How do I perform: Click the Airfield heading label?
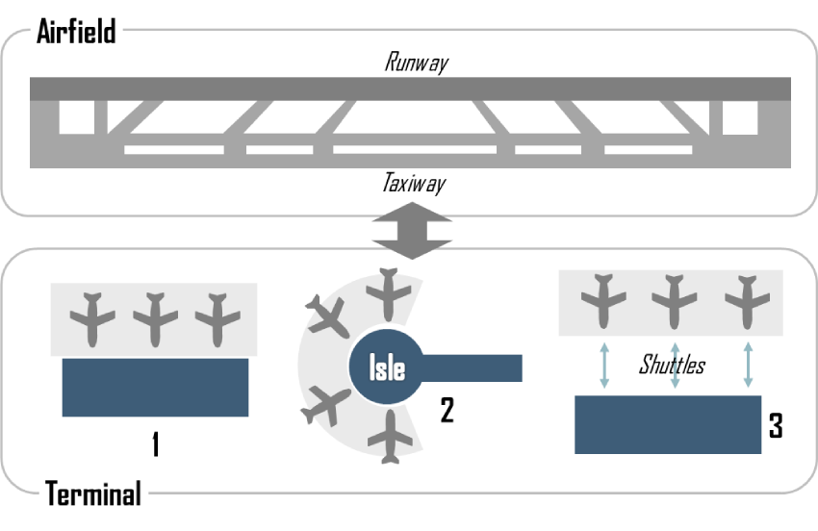click(x=76, y=31)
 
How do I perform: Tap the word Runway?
click(x=417, y=63)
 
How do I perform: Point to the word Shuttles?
click(x=672, y=366)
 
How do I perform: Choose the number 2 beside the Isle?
click(x=447, y=411)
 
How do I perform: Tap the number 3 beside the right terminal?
click(x=775, y=426)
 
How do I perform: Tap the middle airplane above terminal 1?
click(x=155, y=316)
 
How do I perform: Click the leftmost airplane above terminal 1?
click(x=92, y=316)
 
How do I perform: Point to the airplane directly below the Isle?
click(x=389, y=438)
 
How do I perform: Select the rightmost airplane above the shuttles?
click(x=747, y=301)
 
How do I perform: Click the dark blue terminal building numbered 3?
click(x=667, y=423)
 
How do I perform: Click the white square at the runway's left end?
click(x=76, y=117)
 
